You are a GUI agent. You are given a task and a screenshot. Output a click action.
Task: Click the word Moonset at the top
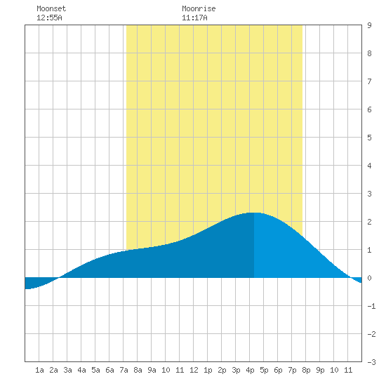[x=51, y=8]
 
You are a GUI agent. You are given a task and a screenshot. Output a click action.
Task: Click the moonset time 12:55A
[x=49, y=18]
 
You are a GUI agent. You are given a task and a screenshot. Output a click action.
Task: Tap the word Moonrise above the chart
[x=199, y=8]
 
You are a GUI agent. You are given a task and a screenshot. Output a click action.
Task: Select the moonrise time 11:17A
[x=194, y=18]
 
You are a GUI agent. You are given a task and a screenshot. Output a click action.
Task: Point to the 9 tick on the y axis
[x=369, y=25]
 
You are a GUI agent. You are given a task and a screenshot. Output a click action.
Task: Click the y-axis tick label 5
[x=369, y=138]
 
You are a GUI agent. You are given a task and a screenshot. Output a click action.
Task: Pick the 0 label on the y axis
[x=369, y=278]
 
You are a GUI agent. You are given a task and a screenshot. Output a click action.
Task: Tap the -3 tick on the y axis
[x=371, y=362]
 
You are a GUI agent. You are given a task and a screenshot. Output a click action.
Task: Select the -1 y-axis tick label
[x=371, y=306]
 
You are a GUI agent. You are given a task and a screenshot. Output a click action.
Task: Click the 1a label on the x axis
[x=39, y=370]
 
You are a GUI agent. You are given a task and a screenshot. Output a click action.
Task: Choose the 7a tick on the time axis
[x=124, y=370]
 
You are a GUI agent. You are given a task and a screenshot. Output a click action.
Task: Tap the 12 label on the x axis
[x=194, y=370]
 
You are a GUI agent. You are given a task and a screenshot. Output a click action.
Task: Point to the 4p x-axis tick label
[x=250, y=370]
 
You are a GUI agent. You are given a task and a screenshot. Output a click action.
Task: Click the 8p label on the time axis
[x=306, y=370]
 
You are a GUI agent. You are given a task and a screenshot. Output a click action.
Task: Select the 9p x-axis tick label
[x=320, y=370]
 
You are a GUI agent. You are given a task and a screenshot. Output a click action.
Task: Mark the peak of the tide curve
[x=254, y=213]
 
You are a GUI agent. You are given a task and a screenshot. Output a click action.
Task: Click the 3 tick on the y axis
[x=369, y=194]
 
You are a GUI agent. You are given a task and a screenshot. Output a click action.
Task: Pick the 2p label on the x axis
[x=222, y=370]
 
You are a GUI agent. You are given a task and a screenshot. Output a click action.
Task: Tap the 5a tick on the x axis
[x=95, y=370]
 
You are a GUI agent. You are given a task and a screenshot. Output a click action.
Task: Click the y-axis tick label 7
[x=369, y=81]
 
